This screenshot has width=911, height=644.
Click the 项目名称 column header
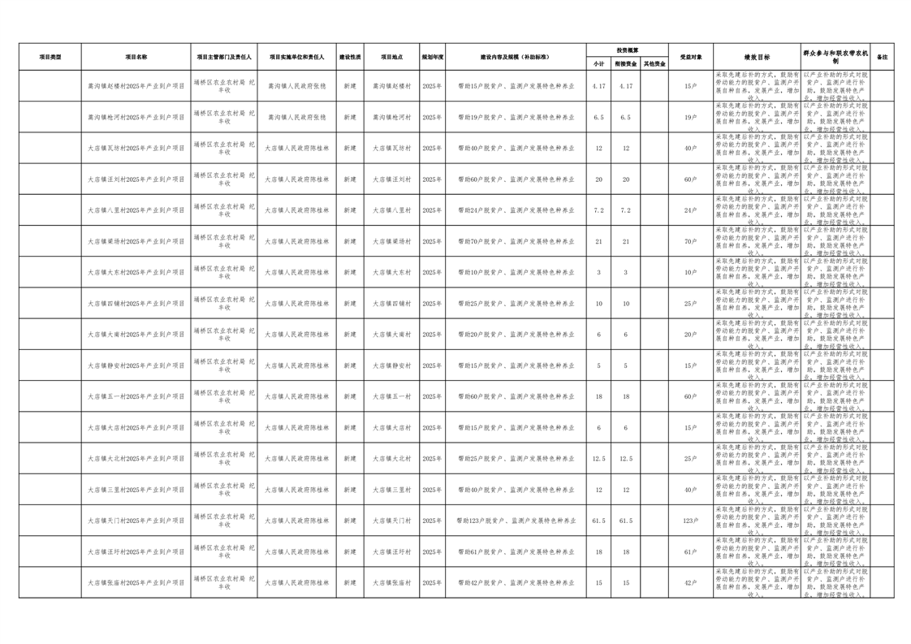(x=136, y=57)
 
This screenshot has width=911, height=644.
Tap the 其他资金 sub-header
(x=654, y=63)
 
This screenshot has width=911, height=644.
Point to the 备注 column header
(x=883, y=57)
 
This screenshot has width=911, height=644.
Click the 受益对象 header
(x=690, y=57)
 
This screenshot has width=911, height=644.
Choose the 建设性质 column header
(x=350, y=57)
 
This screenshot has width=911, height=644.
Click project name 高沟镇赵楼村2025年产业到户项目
(x=136, y=86)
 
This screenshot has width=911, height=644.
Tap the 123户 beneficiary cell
(x=690, y=521)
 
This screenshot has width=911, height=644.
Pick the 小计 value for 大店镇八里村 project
(x=599, y=210)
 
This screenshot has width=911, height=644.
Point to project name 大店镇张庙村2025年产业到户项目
(x=136, y=583)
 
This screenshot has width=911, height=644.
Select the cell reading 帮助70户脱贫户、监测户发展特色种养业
(x=516, y=242)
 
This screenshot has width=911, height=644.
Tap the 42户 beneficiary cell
(x=690, y=583)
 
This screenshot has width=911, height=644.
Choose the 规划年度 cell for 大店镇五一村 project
(x=432, y=396)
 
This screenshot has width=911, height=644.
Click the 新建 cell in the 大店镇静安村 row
(x=350, y=365)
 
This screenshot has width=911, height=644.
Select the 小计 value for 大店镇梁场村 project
(x=599, y=242)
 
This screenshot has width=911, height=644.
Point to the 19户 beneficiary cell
(x=690, y=117)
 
